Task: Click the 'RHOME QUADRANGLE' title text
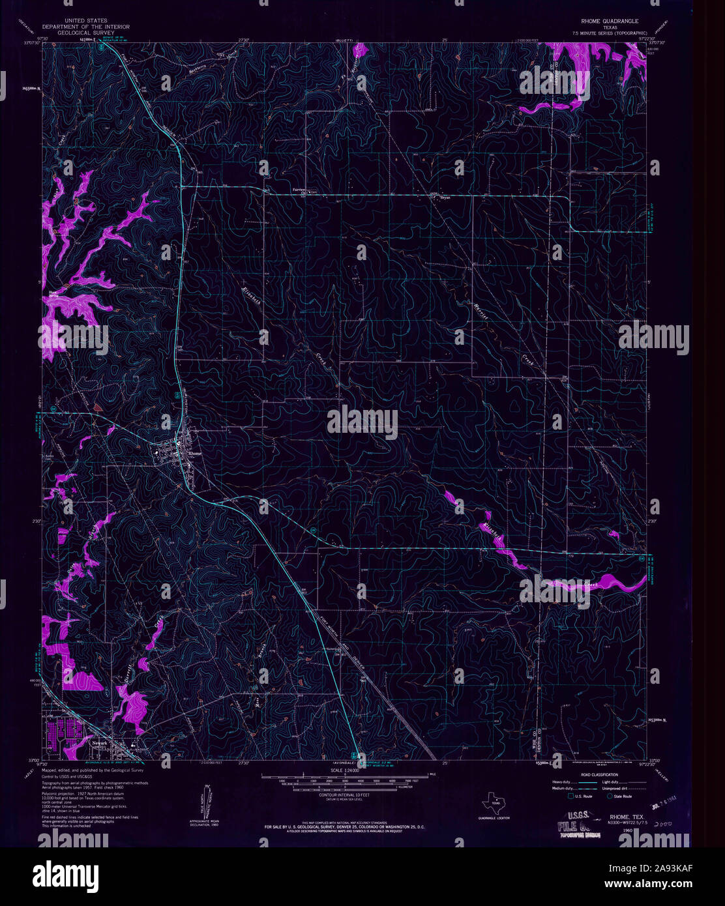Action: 610,22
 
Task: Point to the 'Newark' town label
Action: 98,742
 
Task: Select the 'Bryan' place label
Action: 446,197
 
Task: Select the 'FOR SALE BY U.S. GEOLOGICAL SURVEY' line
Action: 344,826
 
